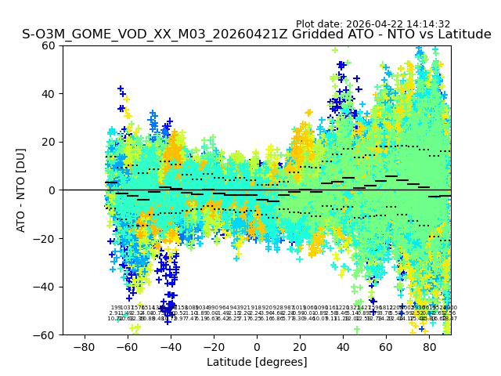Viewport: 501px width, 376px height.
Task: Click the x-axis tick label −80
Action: [84, 346]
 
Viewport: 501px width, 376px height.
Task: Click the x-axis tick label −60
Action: [127, 346]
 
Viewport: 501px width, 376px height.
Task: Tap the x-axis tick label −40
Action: [170, 346]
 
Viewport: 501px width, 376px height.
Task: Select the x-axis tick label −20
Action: [213, 346]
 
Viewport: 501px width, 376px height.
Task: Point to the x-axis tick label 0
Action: [257, 346]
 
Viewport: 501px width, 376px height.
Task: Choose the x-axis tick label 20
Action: [300, 346]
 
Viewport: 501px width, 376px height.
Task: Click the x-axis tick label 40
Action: [343, 346]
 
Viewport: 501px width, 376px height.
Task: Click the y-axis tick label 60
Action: [49, 45]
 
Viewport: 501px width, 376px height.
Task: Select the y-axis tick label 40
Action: [49, 94]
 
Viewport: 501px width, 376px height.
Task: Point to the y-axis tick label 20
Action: [49, 142]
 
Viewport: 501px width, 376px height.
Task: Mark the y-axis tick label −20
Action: [45, 238]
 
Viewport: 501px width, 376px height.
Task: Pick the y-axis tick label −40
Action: [45, 287]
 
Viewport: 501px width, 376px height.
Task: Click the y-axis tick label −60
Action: [45, 334]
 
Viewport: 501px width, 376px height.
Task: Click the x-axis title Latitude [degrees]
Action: [257, 362]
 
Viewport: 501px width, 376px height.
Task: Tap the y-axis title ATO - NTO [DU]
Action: [21, 190]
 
